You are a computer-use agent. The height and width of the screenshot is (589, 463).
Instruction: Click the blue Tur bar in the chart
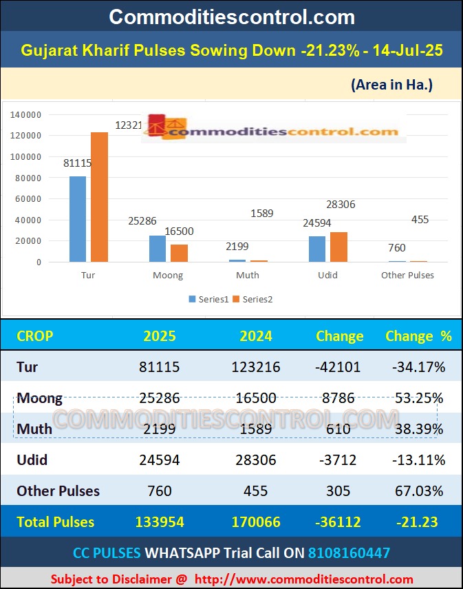(78, 219)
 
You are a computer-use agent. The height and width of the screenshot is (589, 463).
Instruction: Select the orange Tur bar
(100, 197)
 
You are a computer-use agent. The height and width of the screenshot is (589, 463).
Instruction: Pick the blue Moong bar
(158, 249)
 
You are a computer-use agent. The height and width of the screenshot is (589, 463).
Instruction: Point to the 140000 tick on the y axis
(27, 114)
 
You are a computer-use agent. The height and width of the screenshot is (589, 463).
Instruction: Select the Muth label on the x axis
(248, 275)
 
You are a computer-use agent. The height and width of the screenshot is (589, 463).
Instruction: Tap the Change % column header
(418, 336)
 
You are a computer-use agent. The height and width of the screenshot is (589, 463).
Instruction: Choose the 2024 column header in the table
(256, 336)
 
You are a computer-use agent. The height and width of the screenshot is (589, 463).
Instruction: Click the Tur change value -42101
(337, 366)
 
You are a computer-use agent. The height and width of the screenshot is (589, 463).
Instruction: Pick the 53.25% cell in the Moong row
(418, 397)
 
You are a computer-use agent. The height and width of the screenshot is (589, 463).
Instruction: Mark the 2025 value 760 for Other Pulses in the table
(160, 491)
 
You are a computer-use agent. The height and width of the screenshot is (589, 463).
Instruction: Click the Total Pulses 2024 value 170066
(256, 522)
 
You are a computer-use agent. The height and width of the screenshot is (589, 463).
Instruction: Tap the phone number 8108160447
(349, 552)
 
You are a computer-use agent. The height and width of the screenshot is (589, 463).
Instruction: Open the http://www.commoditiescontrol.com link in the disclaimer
(303, 579)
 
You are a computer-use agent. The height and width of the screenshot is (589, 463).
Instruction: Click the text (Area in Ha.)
(391, 85)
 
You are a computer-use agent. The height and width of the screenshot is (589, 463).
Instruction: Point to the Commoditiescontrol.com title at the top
(232, 17)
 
